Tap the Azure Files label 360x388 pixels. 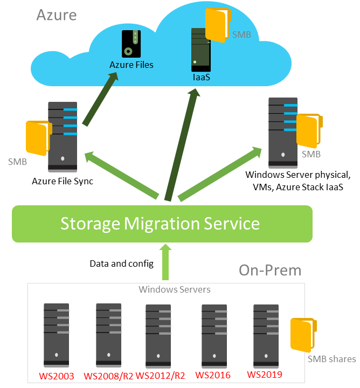tap(131, 65)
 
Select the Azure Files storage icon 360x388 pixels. tap(131, 44)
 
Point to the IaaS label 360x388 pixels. tap(201, 78)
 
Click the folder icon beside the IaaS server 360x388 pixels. tap(219, 25)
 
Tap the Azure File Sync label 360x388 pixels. tap(63, 181)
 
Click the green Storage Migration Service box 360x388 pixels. tap(162, 223)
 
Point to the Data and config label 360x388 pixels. tap(121, 264)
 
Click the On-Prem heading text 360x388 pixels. tap(270, 270)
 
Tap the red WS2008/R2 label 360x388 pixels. tap(108, 376)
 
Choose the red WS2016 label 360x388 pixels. tap(213, 375)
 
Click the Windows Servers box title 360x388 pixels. tap(175, 290)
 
